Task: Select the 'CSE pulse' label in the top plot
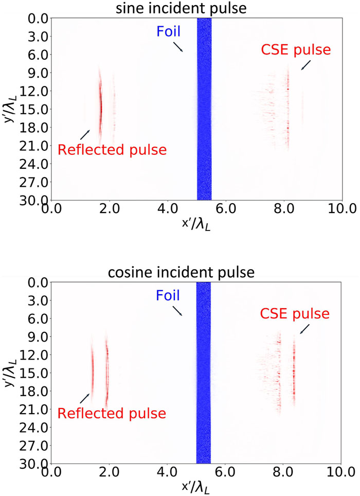pyautogui.click(x=295, y=50)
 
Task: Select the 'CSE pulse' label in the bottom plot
pyautogui.click(x=295, y=313)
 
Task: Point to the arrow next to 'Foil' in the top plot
pyautogui.click(x=177, y=47)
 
